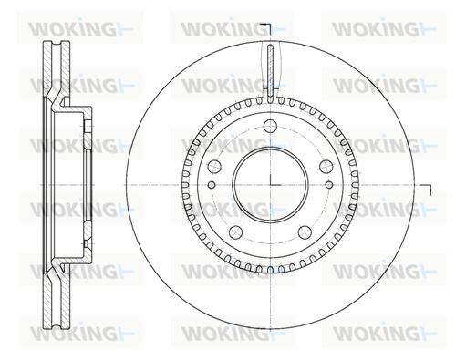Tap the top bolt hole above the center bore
(270, 126)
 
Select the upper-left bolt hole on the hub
(214, 166)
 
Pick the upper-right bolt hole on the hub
(326, 166)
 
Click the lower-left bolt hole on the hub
(235, 232)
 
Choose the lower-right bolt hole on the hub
(305, 232)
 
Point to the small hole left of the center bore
(212, 184)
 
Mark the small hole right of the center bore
(328, 184)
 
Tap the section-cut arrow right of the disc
(427, 189)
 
